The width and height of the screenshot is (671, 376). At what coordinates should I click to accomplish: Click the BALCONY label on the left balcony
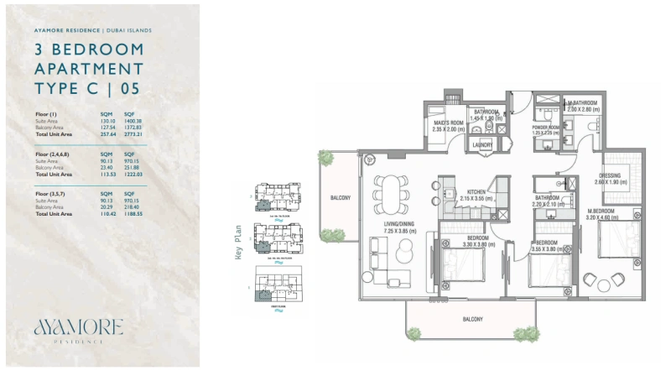click(x=340, y=198)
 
